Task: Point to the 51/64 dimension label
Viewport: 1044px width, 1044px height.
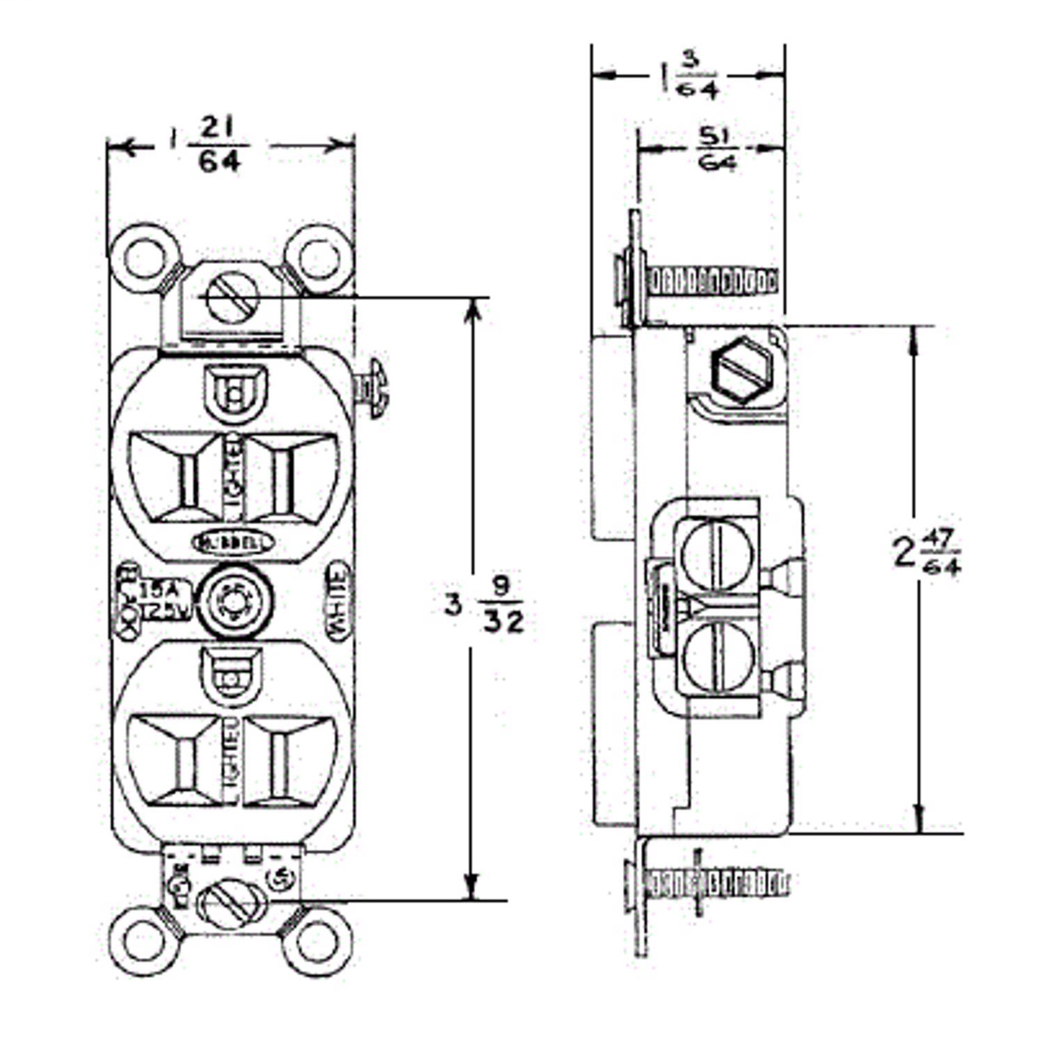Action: (716, 149)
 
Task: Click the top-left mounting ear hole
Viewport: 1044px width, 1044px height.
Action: (144, 258)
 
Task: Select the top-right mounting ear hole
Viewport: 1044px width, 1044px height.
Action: (319, 258)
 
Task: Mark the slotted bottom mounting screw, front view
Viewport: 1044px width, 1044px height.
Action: (232, 904)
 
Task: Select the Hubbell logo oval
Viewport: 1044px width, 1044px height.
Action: (232, 542)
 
